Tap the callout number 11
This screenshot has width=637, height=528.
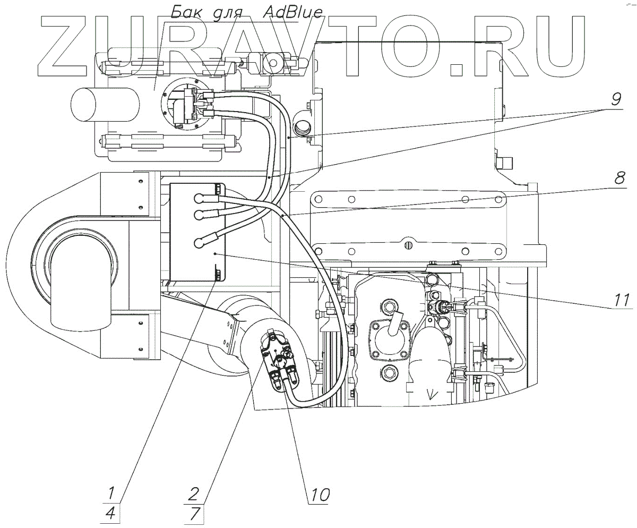(x=621, y=300)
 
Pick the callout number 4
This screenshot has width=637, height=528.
(x=111, y=514)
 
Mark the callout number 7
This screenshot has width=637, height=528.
(x=193, y=514)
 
